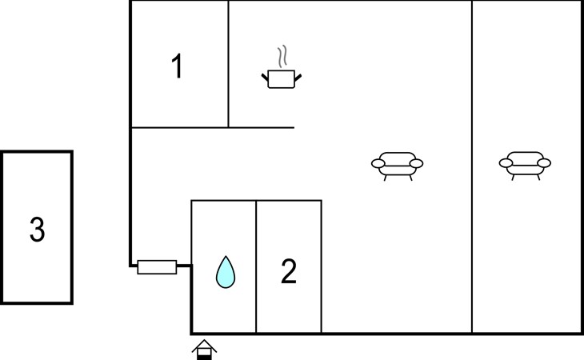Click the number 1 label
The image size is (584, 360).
click(x=177, y=67)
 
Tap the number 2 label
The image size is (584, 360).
click(x=289, y=272)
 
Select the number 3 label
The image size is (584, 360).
click(x=37, y=230)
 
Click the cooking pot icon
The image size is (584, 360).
click(x=281, y=78)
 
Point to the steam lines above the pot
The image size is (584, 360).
click(x=281, y=57)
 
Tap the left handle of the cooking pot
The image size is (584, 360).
click(x=265, y=77)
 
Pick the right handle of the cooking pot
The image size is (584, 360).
click(x=298, y=77)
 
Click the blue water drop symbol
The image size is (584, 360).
click(x=226, y=272)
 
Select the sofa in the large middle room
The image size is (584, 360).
click(x=397, y=164)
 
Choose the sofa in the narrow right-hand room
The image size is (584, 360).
click(x=525, y=164)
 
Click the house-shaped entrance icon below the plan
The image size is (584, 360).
click(x=205, y=350)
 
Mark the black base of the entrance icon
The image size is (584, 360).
click(x=205, y=356)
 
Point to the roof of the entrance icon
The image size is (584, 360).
click(x=205, y=344)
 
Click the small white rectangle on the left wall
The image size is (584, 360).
click(x=157, y=266)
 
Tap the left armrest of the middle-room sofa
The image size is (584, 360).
click(x=378, y=164)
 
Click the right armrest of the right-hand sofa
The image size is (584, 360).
click(x=544, y=163)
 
